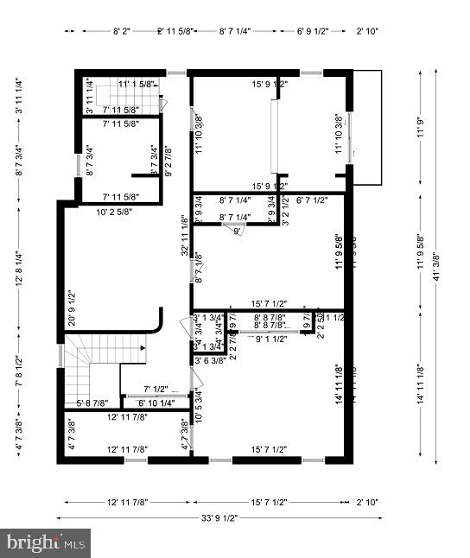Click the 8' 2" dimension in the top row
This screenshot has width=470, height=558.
pyautogui.click(x=122, y=31)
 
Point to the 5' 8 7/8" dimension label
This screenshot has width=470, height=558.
pyautogui.click(x=92, y=403)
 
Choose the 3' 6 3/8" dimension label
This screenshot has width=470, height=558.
pyautogui.click(x=209, y=360)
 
